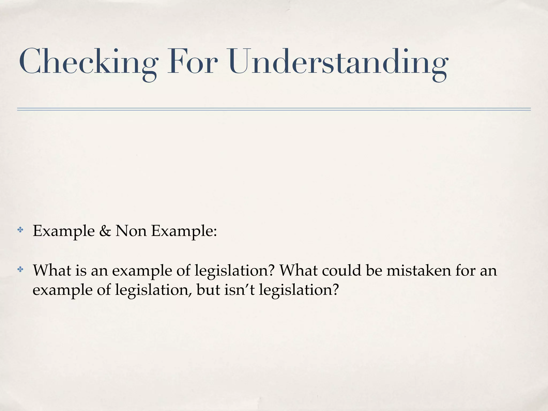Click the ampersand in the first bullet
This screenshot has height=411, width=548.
point(105,231)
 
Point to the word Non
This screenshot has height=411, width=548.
point(131,231)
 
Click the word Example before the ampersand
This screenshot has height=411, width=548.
point(64,231)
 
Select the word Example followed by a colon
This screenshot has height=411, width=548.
point(184,231)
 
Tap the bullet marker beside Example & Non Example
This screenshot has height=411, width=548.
point(20,230)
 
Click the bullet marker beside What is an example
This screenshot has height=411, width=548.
point(20,269)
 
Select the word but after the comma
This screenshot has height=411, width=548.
point(208,290)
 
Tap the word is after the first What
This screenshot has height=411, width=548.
point(81,270)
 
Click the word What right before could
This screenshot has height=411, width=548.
point(299,270)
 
